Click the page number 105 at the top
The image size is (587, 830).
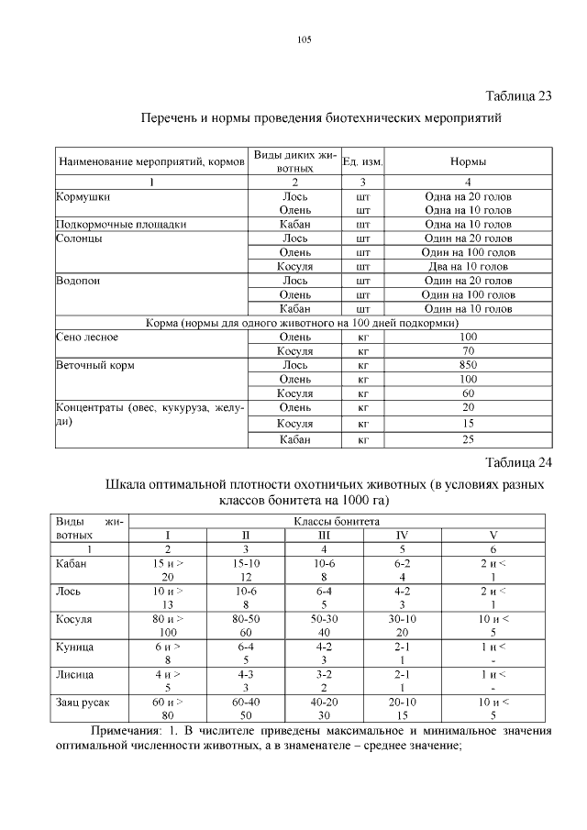click(305, 39)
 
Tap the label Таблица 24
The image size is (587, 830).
click(517, 461)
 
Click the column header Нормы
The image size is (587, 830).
click(468, 161)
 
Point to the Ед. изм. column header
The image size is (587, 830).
click(362, 161)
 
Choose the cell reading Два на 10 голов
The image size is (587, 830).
click(468, 266)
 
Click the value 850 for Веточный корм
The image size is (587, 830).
click(468, 364)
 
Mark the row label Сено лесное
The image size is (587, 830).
click(87, 337)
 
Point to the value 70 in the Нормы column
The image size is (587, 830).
click(468, 350)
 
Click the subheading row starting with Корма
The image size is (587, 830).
click(304, 323)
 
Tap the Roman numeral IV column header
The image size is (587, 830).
click(402, 535)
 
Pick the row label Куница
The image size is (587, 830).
click(75, 647)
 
